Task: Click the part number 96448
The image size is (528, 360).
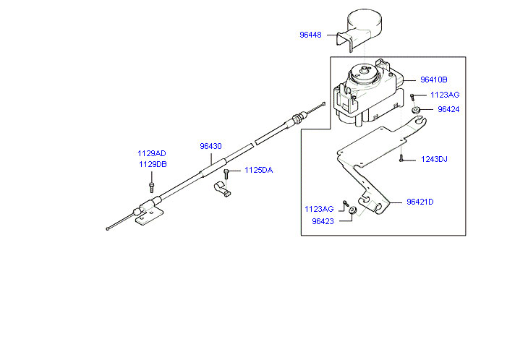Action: coord(312,34)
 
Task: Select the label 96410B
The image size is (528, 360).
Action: coord(434,80)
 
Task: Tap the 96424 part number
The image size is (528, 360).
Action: coord(448,110)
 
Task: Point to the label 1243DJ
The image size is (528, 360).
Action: coord(435,159)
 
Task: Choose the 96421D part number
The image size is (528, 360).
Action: coord(420,202)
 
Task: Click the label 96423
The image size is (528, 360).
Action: coord(323,222)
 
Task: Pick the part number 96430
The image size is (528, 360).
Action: coord(211,146)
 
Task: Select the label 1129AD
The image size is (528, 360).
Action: coord(152,153)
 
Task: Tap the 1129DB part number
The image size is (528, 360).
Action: coord(152,164)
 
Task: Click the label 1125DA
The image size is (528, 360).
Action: coord(258,171)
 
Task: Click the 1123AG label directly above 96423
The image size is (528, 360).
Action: coord(319,209)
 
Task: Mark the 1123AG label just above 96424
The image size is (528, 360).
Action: coord(445,95)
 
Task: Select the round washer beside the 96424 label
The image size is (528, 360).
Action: coord(417,110)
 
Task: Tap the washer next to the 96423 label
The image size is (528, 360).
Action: coord(352,210)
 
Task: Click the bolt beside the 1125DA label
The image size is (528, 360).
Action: coord(227,173)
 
